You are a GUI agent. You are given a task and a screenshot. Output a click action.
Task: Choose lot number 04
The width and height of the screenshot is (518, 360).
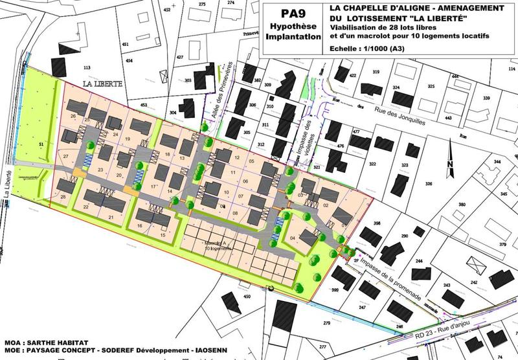tap(292, 239)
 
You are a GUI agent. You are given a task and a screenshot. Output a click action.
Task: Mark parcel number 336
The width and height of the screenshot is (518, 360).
tap(428, 184)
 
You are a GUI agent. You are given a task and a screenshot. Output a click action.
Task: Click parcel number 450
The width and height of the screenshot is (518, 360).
tap(246, 297)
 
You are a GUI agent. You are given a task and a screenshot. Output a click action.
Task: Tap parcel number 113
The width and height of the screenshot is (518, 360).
tap(86, 67)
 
